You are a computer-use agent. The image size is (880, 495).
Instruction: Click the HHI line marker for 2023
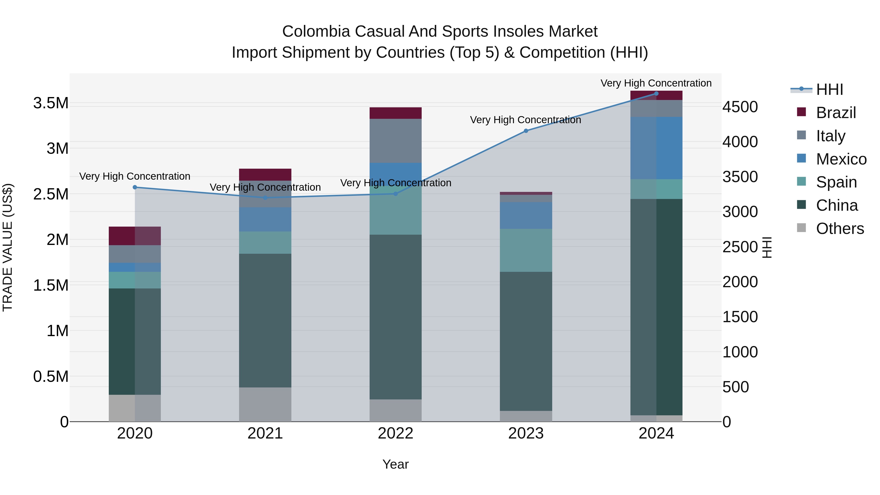pos(526,131)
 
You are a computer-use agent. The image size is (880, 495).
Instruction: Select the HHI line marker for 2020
pos(135,187)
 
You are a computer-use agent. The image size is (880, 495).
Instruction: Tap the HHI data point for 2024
pos(656,94)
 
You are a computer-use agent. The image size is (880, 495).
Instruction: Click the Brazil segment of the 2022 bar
pos(396,113)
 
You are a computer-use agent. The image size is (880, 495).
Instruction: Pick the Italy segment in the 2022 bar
pos(396,141)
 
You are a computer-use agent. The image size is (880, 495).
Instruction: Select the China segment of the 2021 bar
pos(265,320)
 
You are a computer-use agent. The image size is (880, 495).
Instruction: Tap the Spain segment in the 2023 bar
pos(526,250)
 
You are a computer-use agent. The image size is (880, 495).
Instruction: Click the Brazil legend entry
pos(836,113)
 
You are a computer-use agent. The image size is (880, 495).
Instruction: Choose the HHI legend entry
pos(829,89)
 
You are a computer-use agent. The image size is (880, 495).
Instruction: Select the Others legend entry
pos(840,229)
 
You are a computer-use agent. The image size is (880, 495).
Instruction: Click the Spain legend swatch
pos(801,181)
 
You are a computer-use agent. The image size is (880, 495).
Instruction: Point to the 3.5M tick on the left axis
pos(51,103)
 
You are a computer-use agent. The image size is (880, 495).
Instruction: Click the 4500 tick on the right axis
pos(740,107)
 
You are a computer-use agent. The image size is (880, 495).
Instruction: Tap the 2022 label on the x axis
pos(396,433)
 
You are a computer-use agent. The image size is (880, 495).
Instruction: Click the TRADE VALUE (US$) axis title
pos(8,247)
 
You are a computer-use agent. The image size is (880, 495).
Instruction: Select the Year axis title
pos(396,464)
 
